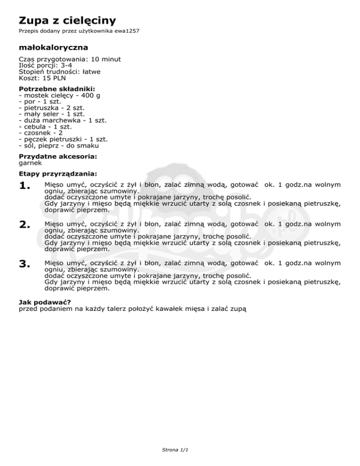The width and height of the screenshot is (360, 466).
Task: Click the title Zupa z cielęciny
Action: point(67,20)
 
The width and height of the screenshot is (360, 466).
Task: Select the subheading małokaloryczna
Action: point(53,47)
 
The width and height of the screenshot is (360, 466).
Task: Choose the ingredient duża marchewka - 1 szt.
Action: point(63,120)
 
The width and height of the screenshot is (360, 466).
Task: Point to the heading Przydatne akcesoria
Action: point(54,157)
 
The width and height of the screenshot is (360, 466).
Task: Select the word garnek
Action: point(30,163)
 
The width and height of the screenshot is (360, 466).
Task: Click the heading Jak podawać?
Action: point(45,302)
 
